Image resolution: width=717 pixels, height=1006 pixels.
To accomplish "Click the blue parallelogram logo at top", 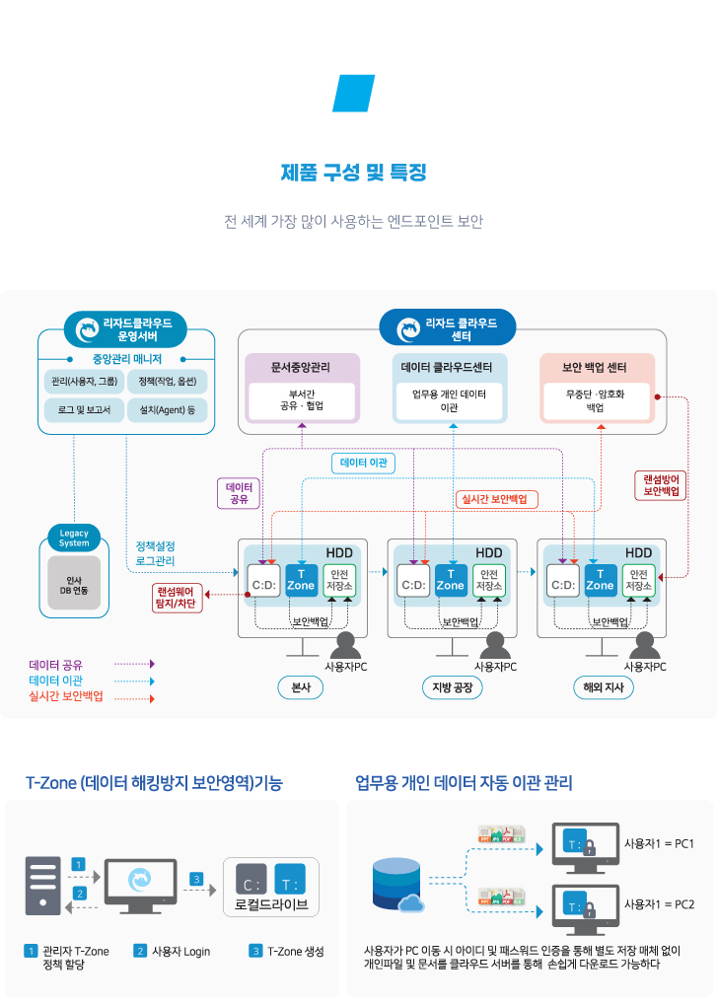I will click(354, 94).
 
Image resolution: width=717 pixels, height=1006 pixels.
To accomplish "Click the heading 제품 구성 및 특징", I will click(354, 174).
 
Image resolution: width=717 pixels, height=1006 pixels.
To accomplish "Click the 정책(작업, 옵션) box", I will click(168, 382).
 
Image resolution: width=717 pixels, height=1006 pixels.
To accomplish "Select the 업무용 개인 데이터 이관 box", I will click(450, 399).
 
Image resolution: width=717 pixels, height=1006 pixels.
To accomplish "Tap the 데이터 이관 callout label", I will click(364, 463).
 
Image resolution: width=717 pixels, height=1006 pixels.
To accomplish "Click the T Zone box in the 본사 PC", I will click(301, 580).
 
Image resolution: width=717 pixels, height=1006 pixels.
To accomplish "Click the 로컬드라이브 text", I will click(271, 903).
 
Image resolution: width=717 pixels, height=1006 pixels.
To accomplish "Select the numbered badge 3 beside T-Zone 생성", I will click(255, 951).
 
